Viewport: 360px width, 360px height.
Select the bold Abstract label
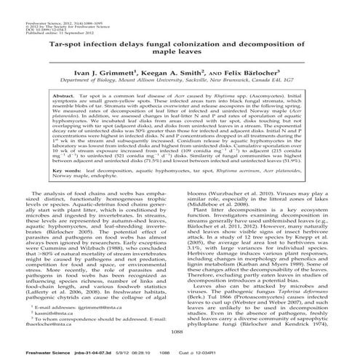[68, 95]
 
